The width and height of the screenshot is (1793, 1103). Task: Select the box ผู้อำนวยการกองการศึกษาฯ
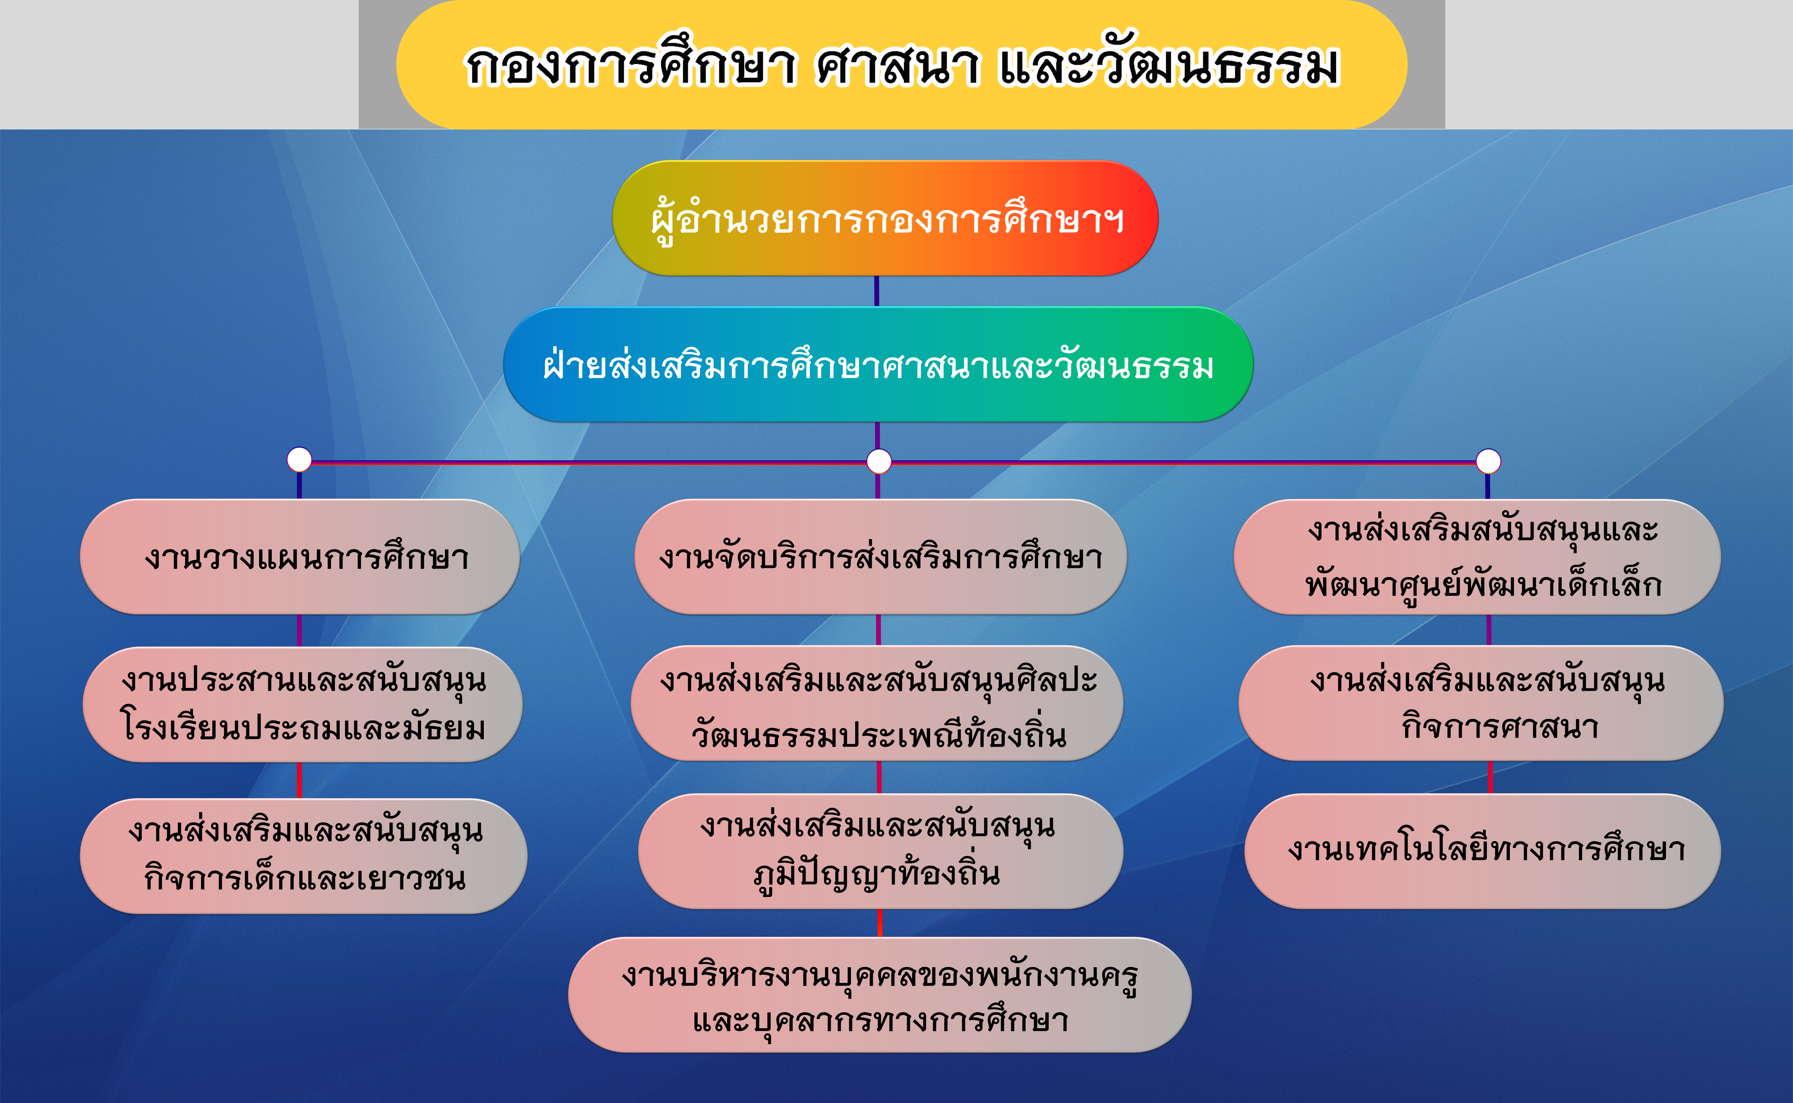coord(885,218)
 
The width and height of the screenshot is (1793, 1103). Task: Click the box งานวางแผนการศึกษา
coord(300,557)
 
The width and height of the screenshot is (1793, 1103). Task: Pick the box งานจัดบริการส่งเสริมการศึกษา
coord(881,557)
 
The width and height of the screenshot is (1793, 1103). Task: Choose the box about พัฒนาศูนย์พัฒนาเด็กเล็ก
coord(1477,557)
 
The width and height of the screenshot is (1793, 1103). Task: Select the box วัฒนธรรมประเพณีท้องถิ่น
coord(877,703)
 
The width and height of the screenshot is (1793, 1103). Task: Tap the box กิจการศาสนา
coord(1481,703)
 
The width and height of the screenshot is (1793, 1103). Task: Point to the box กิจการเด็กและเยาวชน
coord(304,856)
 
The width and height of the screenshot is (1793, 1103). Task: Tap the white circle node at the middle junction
coord(879,461)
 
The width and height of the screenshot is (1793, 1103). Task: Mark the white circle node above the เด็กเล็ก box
coord(1488,461)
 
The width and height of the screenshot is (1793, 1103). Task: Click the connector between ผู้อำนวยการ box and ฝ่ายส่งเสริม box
coord(876,291)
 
